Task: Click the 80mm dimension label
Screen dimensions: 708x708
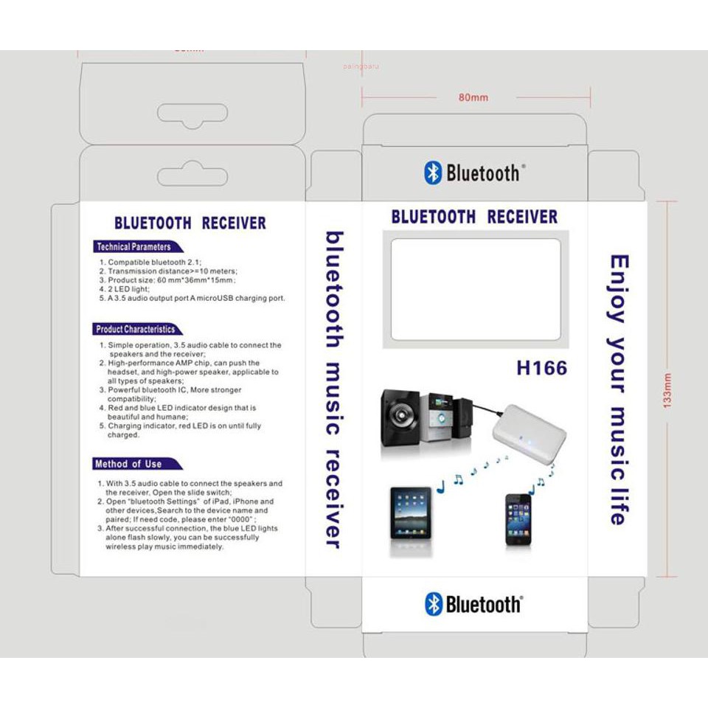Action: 473,97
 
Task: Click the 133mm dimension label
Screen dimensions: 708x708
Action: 668,389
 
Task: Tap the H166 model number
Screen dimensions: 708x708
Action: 541,367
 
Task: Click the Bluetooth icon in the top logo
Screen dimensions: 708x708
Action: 433,173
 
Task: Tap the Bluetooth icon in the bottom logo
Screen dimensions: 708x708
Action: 434,604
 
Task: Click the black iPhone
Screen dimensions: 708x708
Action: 518,520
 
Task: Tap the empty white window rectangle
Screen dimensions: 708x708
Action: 475,289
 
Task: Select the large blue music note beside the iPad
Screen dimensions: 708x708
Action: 441,486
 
